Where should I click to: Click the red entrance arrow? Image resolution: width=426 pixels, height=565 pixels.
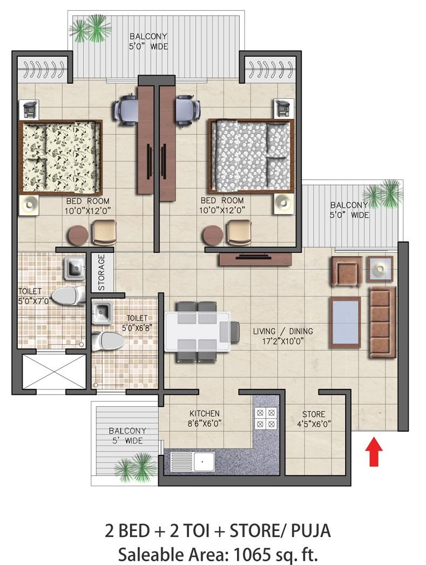click(374, 451)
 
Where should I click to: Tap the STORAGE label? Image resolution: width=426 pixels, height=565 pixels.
click(102, 272)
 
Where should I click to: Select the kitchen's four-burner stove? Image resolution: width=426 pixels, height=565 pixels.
click(266, 418)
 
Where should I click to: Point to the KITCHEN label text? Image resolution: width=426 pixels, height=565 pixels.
click(204, 413)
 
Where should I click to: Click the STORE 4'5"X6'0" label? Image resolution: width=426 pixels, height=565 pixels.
click(314, 419)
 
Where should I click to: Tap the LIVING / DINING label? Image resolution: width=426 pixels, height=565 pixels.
click(283, 331)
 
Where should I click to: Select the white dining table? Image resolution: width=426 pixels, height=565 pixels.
click(197, 332)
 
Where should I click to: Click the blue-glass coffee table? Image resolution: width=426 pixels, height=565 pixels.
click(346, 323)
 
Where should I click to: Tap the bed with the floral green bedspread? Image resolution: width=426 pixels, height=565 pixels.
click(60, 157)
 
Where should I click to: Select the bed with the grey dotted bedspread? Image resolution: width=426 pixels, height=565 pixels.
click(251, 156)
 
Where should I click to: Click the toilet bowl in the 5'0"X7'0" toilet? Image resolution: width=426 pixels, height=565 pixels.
click(69, 296)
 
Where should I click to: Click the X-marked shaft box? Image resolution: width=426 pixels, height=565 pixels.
click(54, 372)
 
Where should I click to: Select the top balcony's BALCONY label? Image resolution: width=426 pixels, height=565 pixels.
click(148, 36)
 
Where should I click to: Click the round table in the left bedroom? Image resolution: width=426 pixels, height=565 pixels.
click(78, 236)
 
